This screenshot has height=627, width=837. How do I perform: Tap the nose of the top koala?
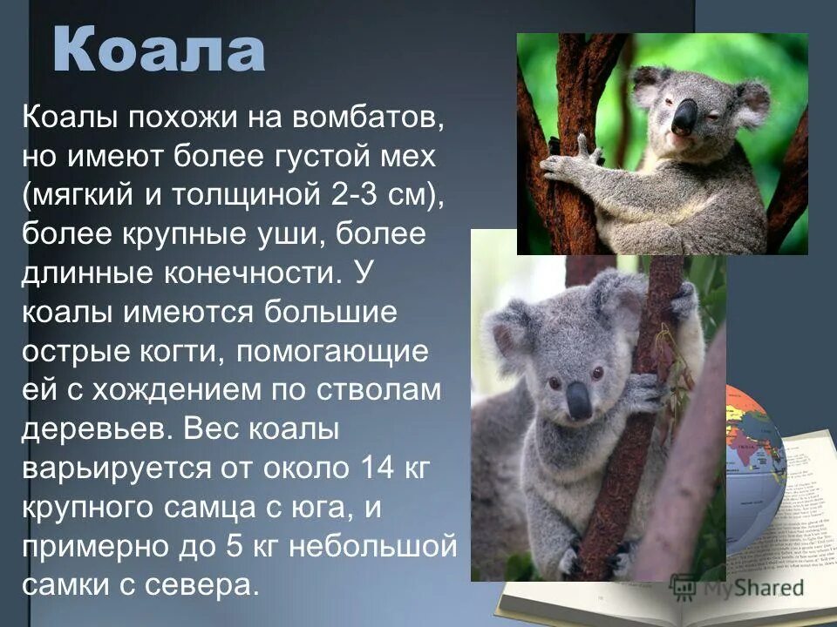coord(684,116)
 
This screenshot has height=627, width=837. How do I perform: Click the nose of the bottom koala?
coord(579,401)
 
